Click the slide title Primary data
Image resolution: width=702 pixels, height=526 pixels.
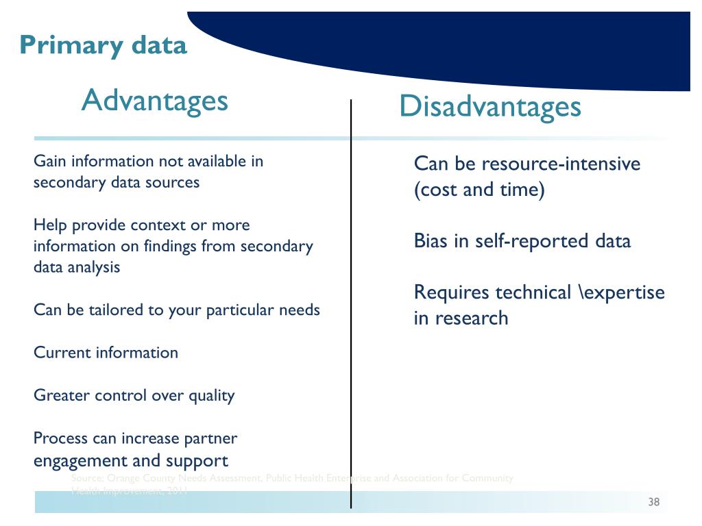pyautogui.click(x=103, y=45)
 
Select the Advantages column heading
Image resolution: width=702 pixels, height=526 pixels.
pyautogui.click(x=154, y=101)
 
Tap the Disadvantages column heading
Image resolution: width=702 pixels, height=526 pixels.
pyautogui.click(x=490, y=108)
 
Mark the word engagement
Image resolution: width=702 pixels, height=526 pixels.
pyautogui.click(x=86, y=460)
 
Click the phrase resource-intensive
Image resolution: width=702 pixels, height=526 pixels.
pyautogui.click(x=561, y=164)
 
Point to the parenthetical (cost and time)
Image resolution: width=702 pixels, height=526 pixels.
pyautogui.click(x=479, y=190)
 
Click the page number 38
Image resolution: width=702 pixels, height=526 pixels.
pyautogui.click(x=653, y=503)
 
